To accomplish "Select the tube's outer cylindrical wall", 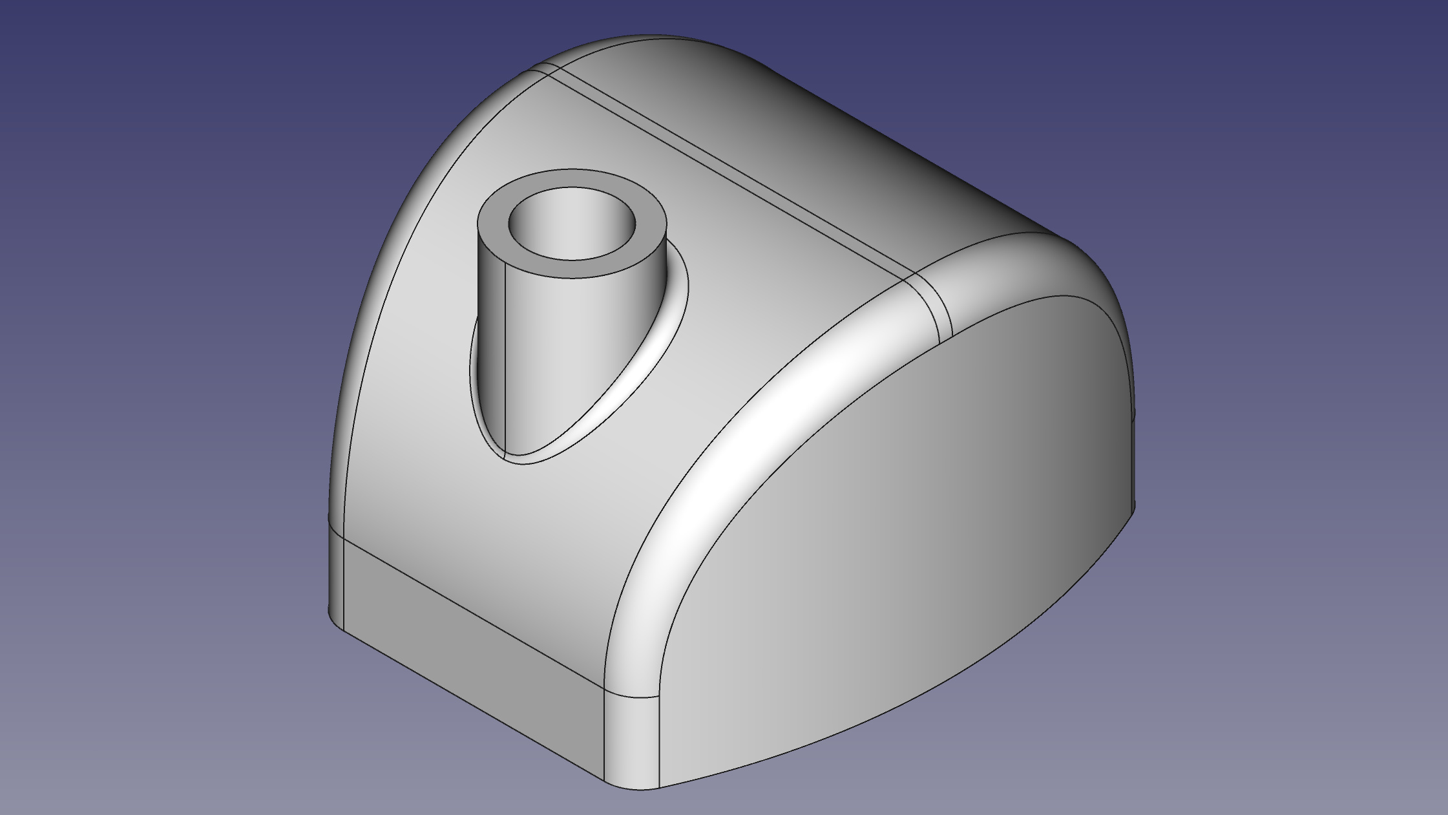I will click(556, 336).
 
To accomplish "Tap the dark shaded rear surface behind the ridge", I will click(872, 129).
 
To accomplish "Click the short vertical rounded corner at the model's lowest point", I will click(632, 743).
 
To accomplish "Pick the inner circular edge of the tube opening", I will click(572, 260).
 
